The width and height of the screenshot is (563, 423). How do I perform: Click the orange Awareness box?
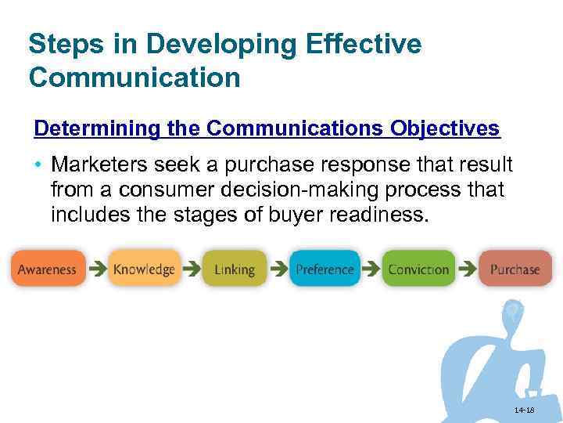pos(48,269)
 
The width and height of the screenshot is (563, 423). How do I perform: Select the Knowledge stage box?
pos(144,269)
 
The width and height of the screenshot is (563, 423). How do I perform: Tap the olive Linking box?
pos(234,269)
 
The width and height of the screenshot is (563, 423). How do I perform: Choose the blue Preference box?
pos(325,269)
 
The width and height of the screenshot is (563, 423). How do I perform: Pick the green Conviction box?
pos(418,269)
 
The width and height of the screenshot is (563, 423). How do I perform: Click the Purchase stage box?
pos(515,269)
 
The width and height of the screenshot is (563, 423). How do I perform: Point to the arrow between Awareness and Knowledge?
pos(96,269)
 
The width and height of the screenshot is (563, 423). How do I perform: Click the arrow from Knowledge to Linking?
pos(191,269)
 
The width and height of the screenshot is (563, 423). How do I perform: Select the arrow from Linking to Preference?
pos(278,269)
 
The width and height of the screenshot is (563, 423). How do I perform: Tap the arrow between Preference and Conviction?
pos(371,269)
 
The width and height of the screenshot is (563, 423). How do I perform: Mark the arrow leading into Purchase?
pos(467,269)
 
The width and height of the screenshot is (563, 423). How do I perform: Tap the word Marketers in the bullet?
pos(100,165)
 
